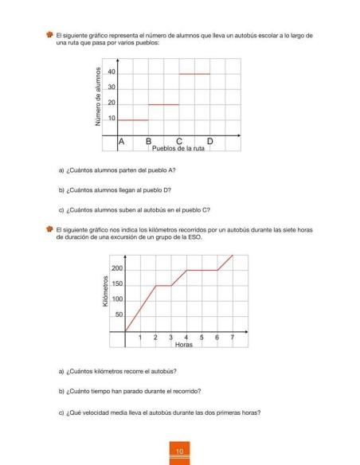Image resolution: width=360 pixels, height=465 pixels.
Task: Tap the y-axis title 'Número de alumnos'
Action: point(97,96)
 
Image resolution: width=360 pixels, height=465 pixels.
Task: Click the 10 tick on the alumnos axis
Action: point(112,119)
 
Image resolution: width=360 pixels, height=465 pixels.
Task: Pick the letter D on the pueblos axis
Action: point(209,141)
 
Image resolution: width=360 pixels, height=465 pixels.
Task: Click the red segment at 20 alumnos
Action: point(164,104)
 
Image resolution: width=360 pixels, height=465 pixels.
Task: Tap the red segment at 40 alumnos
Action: point(194,74)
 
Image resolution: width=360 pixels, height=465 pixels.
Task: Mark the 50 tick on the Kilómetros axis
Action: point(119,315)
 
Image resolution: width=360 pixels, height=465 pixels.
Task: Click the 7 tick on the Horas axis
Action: point(232,338)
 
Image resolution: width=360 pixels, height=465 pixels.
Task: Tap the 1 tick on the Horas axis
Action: point(141,338)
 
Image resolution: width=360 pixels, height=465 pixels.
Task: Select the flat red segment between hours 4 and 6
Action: point(202,270)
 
